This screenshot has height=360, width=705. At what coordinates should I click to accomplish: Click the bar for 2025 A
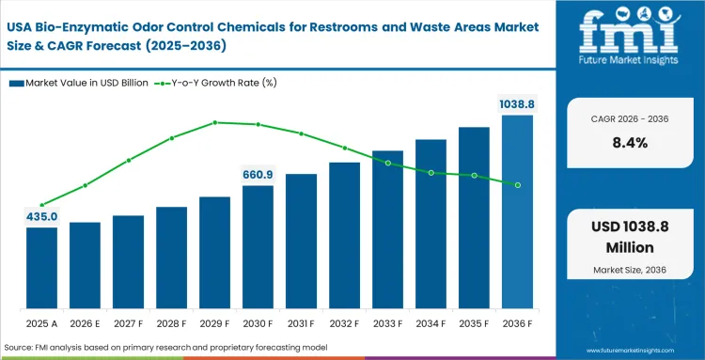pyautogui.click(x=41, y=268)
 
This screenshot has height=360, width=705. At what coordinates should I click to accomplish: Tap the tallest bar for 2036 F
pyautogui.click(x=517, y=212)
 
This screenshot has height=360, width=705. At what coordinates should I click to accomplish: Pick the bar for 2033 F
pyautogui.click(x=387, y=229)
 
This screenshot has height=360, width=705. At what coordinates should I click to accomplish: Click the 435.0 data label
pyautogui.click(x=41, y=217)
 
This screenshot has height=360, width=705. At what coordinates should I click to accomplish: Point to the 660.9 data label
pyautogui.click(x=258, y=175)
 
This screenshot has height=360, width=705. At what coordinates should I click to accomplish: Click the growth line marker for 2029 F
pyautogui.click(x=214, y=122)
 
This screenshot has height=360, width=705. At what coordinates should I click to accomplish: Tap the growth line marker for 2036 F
pyautogui.click(x=517, y=184)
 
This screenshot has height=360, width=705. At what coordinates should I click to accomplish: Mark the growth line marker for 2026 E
pyautogui.click(x=85, y=185)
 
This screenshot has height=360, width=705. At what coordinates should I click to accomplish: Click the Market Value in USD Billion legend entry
pyautogui.click(x=79, y=83)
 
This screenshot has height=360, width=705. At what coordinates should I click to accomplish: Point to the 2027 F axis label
pyautogui.click(x=128, y=323)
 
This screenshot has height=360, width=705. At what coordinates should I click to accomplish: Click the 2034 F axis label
pyautogui.click(x=431, y=323)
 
